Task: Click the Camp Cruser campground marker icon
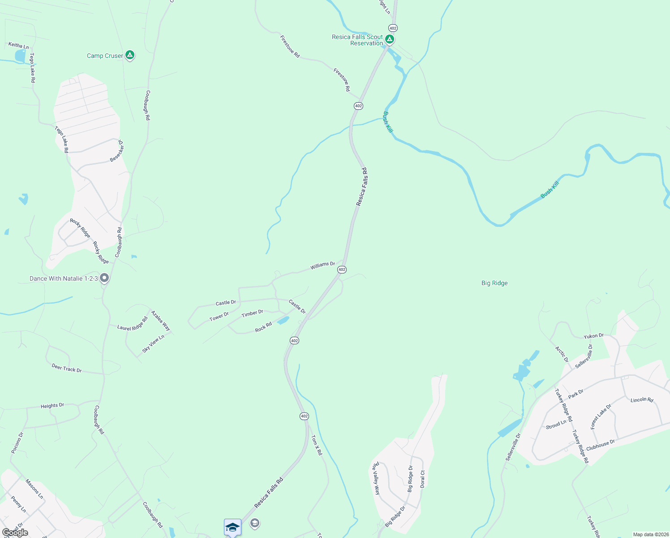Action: coord(130,55)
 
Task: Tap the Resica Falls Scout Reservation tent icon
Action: coord(390,39)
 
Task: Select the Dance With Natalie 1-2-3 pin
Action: coord(104,278)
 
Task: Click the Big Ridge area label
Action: coord(494,283)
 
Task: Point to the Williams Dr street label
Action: coord(322,265)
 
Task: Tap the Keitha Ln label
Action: coord(18,45)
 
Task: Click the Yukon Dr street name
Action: coord(593,336)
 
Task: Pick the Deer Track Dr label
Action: coord(66,369)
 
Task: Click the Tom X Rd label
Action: coord(317,445)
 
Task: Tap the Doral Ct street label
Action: coord(422,479)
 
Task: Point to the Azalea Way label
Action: coord(160,320)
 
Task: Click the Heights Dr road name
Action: coord(52,406)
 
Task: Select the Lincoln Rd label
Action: coord(641,399)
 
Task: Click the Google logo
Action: coord(15,533)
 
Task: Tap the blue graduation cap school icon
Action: coord(232,527)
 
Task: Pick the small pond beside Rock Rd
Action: coord(283,321)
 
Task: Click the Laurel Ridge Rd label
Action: coord(132,324)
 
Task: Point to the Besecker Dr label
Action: coord(117,151)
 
